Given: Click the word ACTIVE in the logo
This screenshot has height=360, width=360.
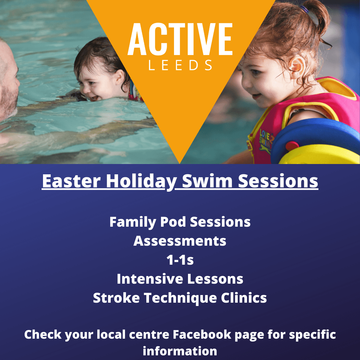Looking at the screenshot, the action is [x=180, y=39].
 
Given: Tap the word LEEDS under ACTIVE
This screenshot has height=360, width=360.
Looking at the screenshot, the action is [x=180, y=65].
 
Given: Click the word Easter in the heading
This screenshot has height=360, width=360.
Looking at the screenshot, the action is [x=71, y=181].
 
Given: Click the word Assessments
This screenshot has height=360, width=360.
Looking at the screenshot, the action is [x=180, y=241].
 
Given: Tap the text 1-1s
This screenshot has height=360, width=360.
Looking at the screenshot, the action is [x=180, y=260].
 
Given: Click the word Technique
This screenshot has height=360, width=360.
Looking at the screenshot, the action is [x=180, y=298].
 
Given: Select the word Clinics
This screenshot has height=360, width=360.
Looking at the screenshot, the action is [x=244, y=298].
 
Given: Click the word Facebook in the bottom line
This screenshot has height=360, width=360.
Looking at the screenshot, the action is [x=202, y=334].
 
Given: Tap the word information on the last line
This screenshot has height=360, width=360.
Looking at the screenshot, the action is [x=180, y=351].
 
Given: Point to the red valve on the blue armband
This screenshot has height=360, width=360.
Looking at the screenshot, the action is [x=292, y=146].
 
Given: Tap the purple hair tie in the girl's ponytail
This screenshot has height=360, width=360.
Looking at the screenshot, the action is [x=305, y=9].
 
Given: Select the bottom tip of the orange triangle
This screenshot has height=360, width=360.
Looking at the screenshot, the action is [x=180, y=163].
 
